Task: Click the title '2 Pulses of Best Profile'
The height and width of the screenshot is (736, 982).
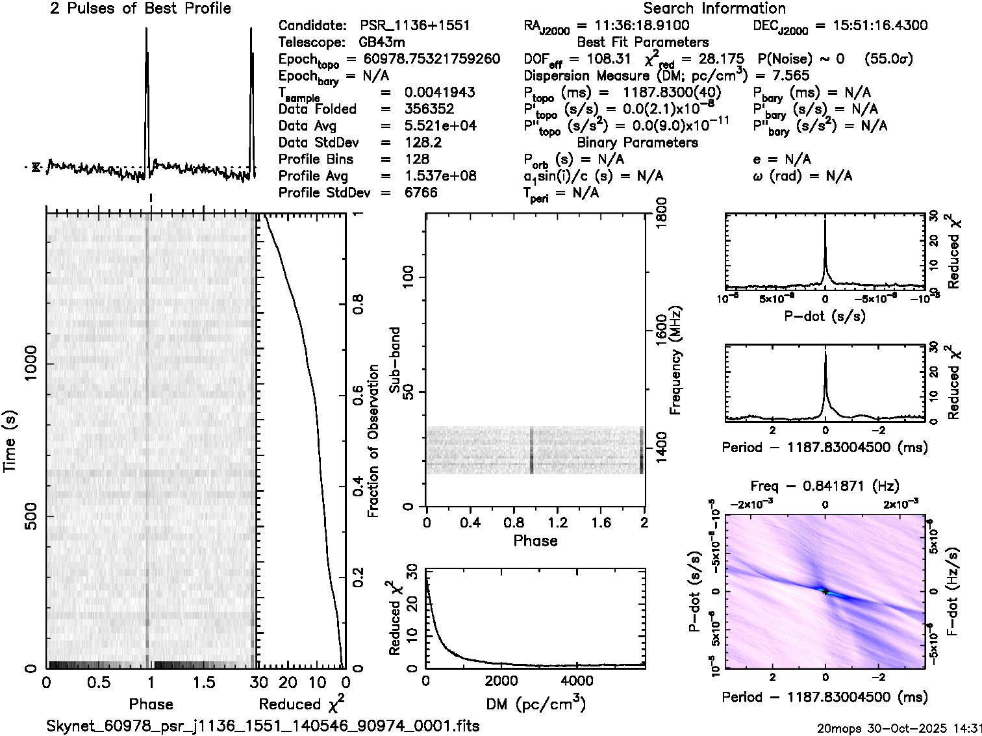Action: pyautogui.click(x=140, y=8)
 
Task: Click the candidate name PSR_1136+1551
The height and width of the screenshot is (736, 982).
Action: pyautogui.click(x=415, y=26)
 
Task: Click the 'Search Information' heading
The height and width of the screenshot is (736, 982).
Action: pyautogui.click(x=714, y=8)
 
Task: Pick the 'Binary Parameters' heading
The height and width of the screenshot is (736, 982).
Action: pyautogui.click(x=637, y=143)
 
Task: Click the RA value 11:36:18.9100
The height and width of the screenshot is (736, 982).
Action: pyautogui.click(x=633, y=26)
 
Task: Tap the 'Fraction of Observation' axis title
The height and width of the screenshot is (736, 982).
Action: pyautogui.click(x=373, y=441)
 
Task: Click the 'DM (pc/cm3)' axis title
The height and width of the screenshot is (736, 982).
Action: pyautogui.click(x=535, y=704)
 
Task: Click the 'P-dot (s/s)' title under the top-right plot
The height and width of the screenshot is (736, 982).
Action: pyautogui.click(x=825, y=316)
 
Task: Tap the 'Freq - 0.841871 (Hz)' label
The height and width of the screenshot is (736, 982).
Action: pyautogui.click(x=825, y=486)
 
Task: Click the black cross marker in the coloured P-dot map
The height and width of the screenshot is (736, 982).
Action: pyautogui.click(x=825, y=591)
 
